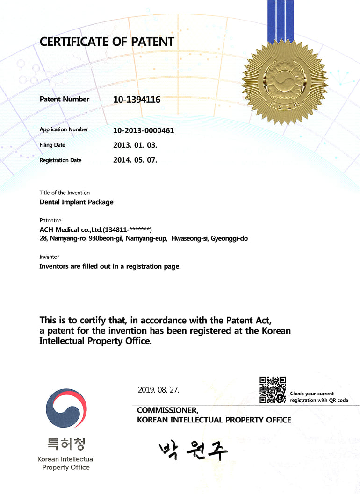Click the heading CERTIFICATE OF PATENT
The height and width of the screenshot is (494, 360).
click(x=107, y=42)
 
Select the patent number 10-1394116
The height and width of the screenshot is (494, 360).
click(x=137, y=99)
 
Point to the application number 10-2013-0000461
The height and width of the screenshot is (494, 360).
click(x=144, y=130)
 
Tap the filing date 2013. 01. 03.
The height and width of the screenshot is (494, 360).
click(x=135, y=145)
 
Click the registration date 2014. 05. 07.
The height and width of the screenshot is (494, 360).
click(x=135, y=160)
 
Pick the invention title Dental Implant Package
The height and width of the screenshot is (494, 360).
click(x=76, y=202)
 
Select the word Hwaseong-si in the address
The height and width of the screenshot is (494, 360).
click(x=190, y=238)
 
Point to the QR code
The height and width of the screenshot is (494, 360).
click(x=273, y=390)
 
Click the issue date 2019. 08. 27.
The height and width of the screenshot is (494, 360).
click(x=158, y=389)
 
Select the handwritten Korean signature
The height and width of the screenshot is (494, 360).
click(x=193, y=450)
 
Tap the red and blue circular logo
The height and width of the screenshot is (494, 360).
click(x=66, y=408)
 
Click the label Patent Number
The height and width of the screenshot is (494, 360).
click(x=64, y=99)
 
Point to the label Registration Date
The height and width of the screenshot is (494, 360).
click(x=60, y=160)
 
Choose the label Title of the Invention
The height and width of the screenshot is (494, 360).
click(x=65, y=193)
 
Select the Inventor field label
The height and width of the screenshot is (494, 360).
click(x=49, y=257)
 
